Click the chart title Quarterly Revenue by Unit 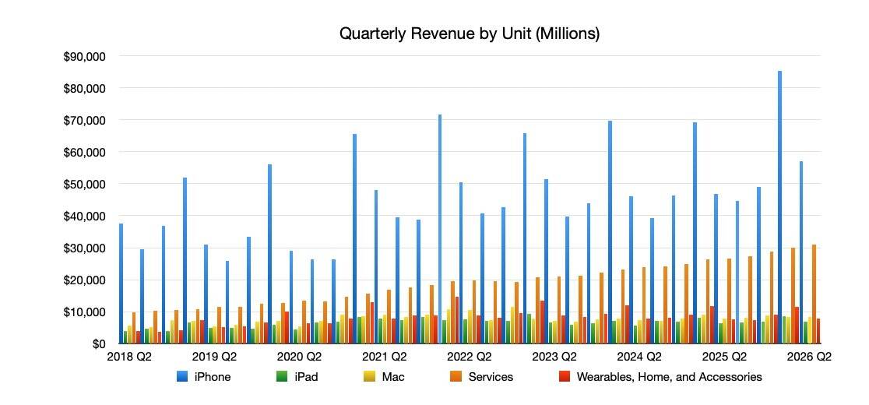[469, 34]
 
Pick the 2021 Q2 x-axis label [385, 357]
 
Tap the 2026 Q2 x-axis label [810, 357]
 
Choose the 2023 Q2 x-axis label [555, 357]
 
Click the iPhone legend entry [213, 377]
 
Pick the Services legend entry [491, 377]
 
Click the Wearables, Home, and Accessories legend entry [669, 377]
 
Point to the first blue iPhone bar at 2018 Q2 [121, 283]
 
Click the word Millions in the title [571, 34]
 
